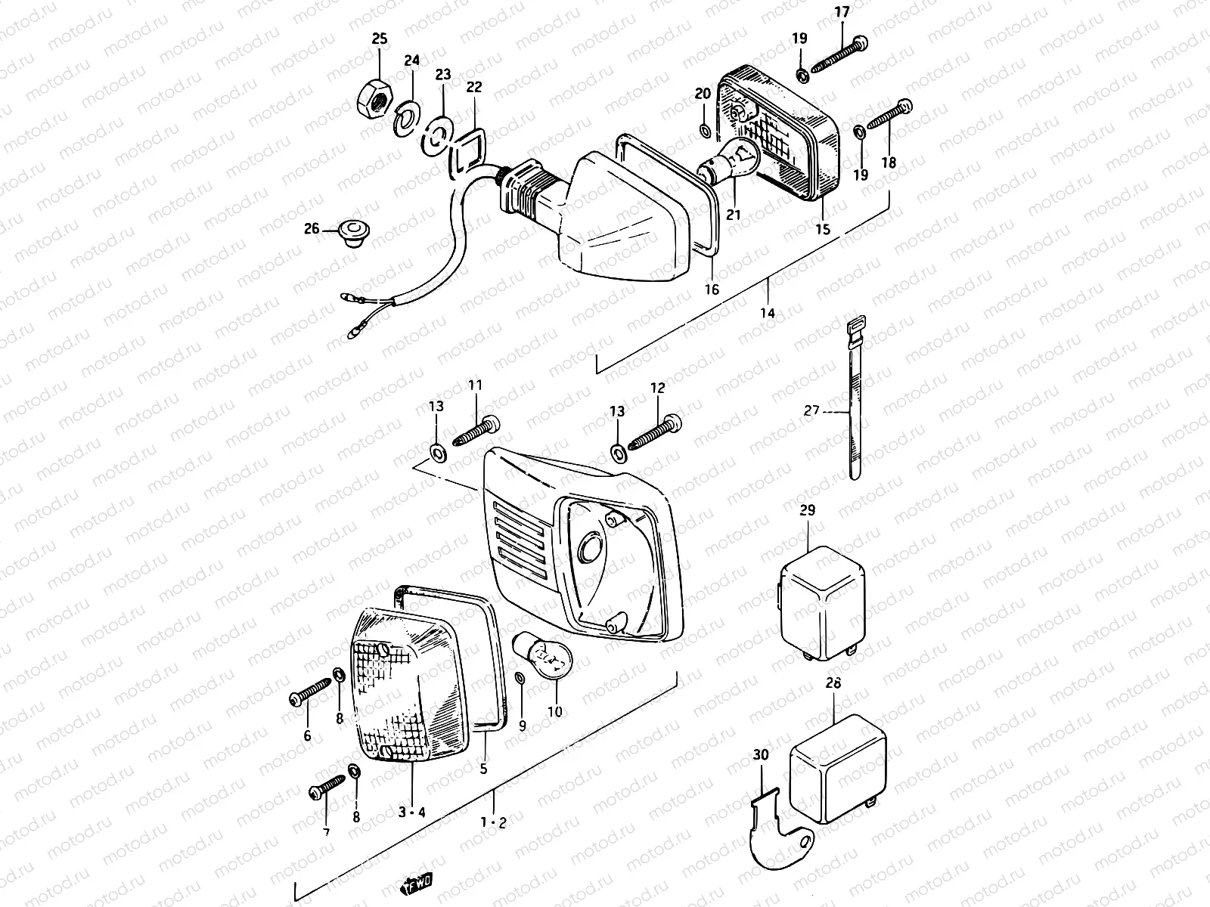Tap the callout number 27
(x=811, y=412)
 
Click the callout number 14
(x=768, y=312)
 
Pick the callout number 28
(x=833, y=682)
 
